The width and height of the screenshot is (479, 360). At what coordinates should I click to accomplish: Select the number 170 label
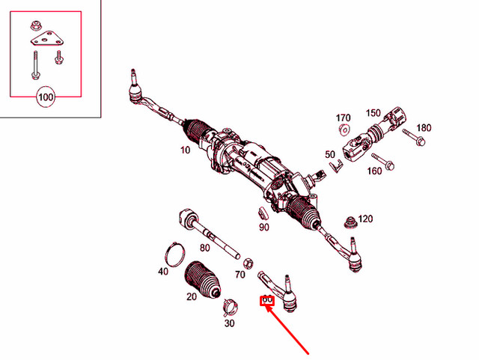[x=343, y=118]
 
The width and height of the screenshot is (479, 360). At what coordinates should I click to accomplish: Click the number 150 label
[x=373, y=113]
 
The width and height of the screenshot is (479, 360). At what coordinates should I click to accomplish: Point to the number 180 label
[x=424, y=128]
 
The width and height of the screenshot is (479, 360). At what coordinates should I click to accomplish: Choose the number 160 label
[x=374, y=171]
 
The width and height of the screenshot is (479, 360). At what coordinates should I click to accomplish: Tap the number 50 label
[x=330, y=155]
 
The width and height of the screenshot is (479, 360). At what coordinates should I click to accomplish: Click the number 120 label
[x=365, y=219]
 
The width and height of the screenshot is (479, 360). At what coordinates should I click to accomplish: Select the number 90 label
[x=263, y=228]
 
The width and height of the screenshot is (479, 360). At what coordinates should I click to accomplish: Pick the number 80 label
[x=204, y=248]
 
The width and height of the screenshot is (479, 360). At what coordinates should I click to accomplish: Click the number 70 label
[x=239, y=275]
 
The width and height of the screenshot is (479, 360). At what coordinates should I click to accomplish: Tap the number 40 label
[x=163, y=272]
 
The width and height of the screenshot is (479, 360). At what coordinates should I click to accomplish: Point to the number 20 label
[x=192, y=297]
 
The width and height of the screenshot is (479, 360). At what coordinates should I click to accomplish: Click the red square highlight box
[x=266, y=301]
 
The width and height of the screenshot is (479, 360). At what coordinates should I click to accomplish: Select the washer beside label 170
[x=344, y=129]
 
